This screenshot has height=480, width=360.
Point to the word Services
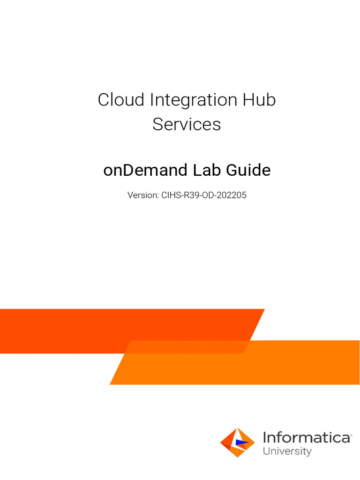[187, 124]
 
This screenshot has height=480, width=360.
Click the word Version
[143, 195]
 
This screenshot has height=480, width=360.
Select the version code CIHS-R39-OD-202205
[204, 195]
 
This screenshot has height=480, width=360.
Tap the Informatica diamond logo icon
[238, 442]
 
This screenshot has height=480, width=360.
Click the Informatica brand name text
[306, 438]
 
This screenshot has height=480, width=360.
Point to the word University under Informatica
[287, 451]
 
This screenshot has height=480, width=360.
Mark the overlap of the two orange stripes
[187, 347]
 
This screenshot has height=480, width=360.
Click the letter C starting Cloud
[104, 100]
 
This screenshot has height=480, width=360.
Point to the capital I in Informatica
[265, 438]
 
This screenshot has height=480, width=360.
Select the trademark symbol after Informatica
[351, 434]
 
